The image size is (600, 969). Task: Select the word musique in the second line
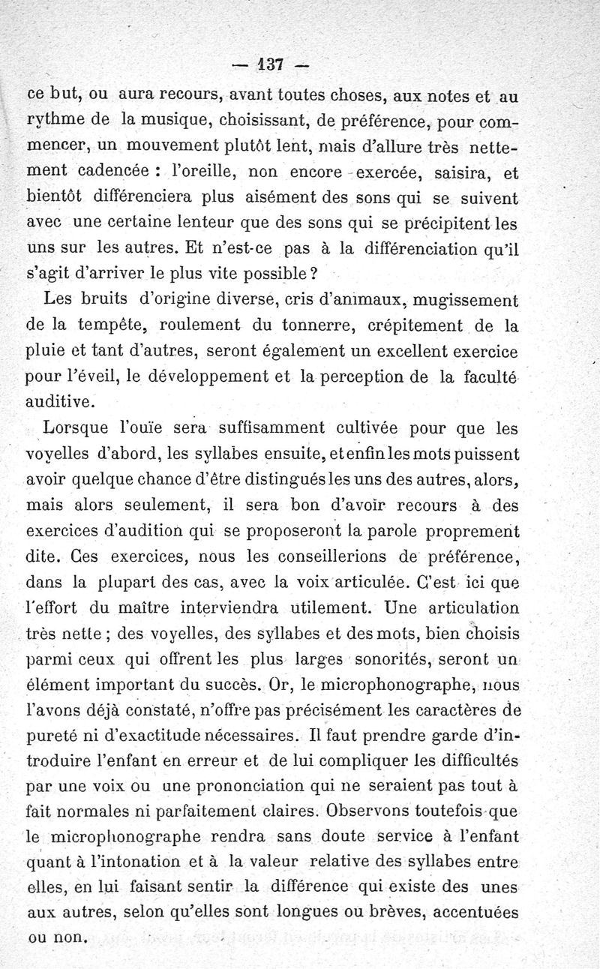(190, 118)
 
